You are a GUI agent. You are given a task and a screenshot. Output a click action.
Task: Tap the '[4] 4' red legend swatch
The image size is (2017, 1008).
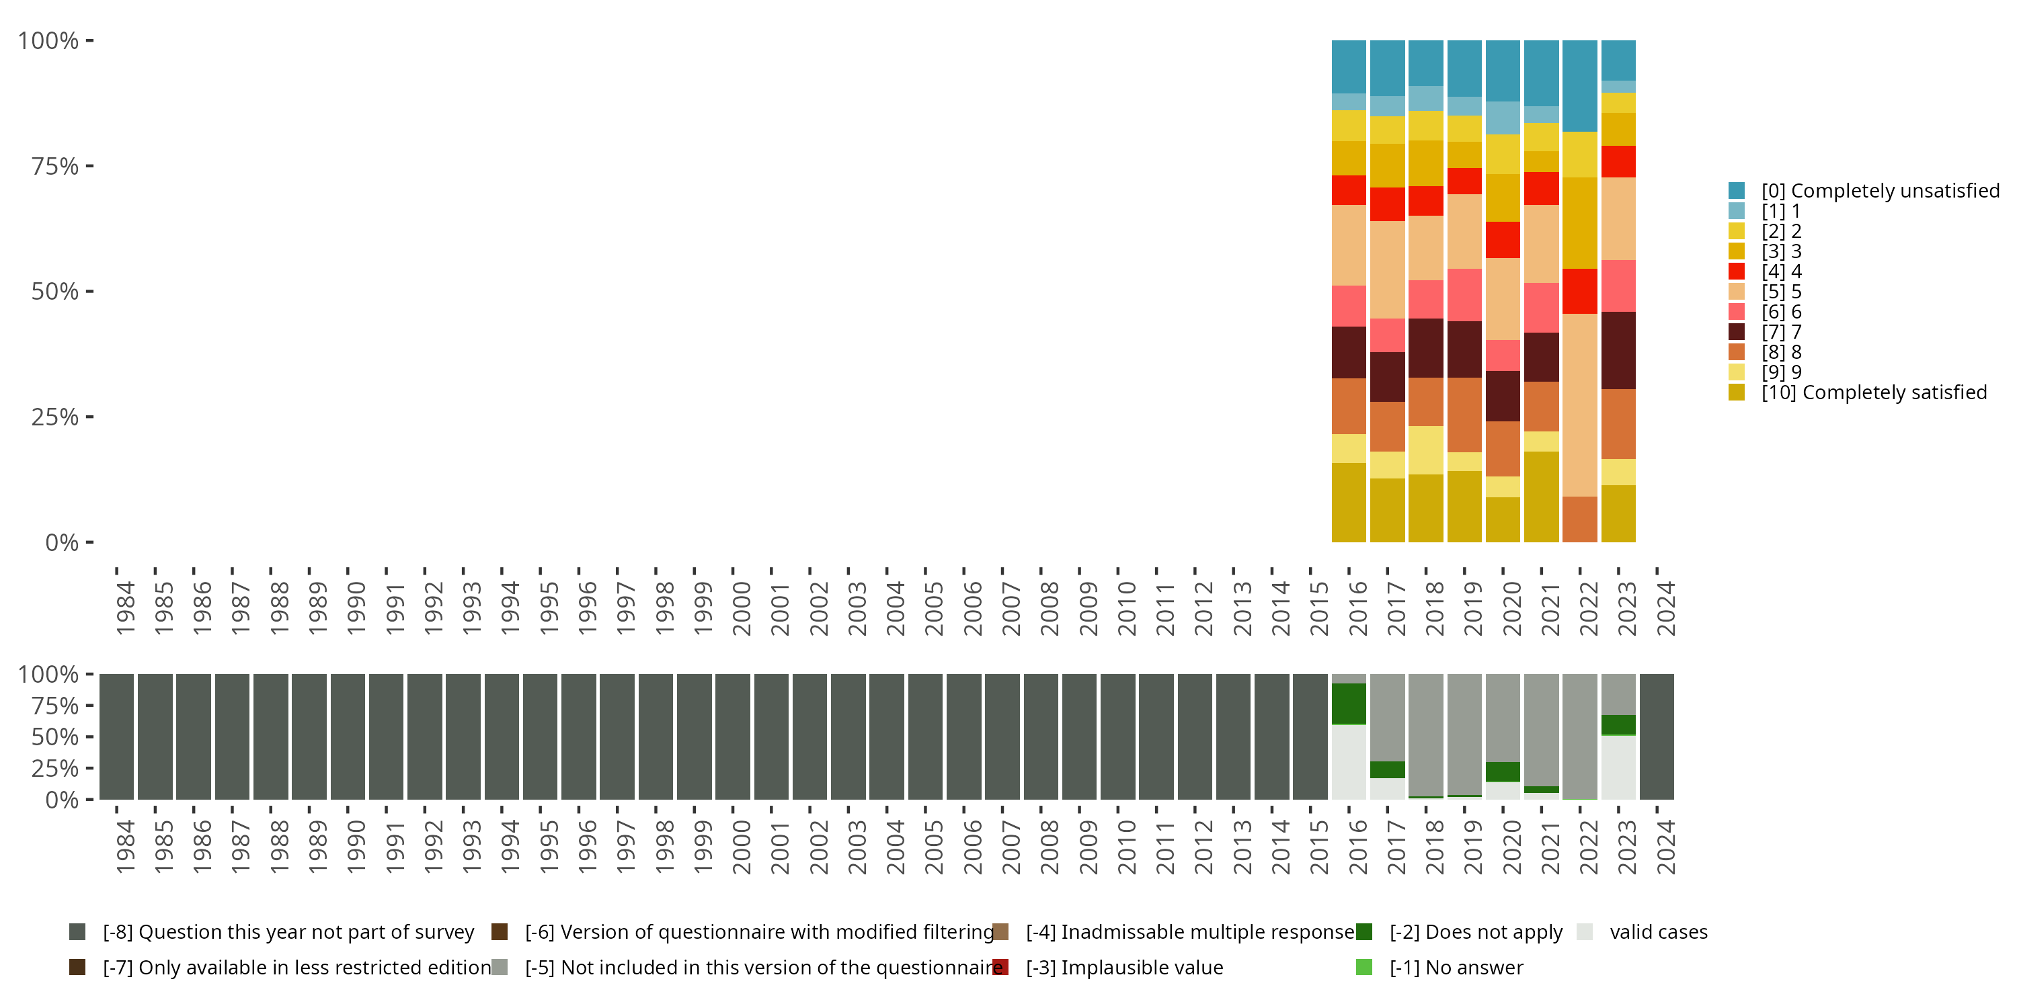click(x=1737, y=271)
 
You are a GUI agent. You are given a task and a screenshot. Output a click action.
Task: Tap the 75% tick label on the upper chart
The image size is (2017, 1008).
click(x=55, y=166)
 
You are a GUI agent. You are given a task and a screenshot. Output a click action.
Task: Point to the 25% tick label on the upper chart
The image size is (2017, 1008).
click(x=55, y=417)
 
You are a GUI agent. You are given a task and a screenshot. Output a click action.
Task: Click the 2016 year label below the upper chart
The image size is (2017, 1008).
click(x=1357, y=609)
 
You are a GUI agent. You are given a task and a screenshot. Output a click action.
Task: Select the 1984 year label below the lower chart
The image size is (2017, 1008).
click(x=124, y=847)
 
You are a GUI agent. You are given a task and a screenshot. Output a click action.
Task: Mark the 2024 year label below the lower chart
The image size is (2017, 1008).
click(x=1665, y=847)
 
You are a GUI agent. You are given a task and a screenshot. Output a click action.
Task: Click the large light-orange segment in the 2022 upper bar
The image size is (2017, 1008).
click(x=1579, y=405)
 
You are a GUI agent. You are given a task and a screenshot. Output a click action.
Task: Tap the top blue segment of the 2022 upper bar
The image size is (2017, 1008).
click(x=1579, y=85)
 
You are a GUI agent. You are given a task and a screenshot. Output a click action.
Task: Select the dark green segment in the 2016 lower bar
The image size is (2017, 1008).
click(x=1348, y=704)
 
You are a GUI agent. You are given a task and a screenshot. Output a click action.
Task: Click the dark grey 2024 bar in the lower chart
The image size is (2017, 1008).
click(x=1656, y=737)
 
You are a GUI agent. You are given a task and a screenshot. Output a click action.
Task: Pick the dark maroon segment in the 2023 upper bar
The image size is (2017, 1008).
click(x=1618, y=350)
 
